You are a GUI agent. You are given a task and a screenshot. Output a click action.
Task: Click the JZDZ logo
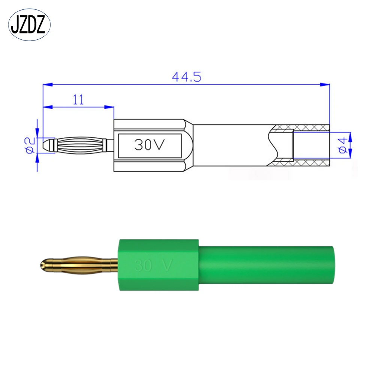click(x=29, y=25)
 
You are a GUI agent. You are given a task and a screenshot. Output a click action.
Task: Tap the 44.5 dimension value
click(x=186, y=77)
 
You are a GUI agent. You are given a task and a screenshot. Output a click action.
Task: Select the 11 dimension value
click(x=78, y=99)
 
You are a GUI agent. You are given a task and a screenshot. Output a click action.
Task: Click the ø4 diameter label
click(x=342, y=145)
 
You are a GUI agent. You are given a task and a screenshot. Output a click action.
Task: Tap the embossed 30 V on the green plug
click(x=153, y=265)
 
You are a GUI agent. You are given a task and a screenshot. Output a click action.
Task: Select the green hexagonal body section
click(x=159, y=265)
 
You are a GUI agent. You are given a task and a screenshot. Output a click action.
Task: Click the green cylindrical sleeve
click(x=266, y=265)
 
